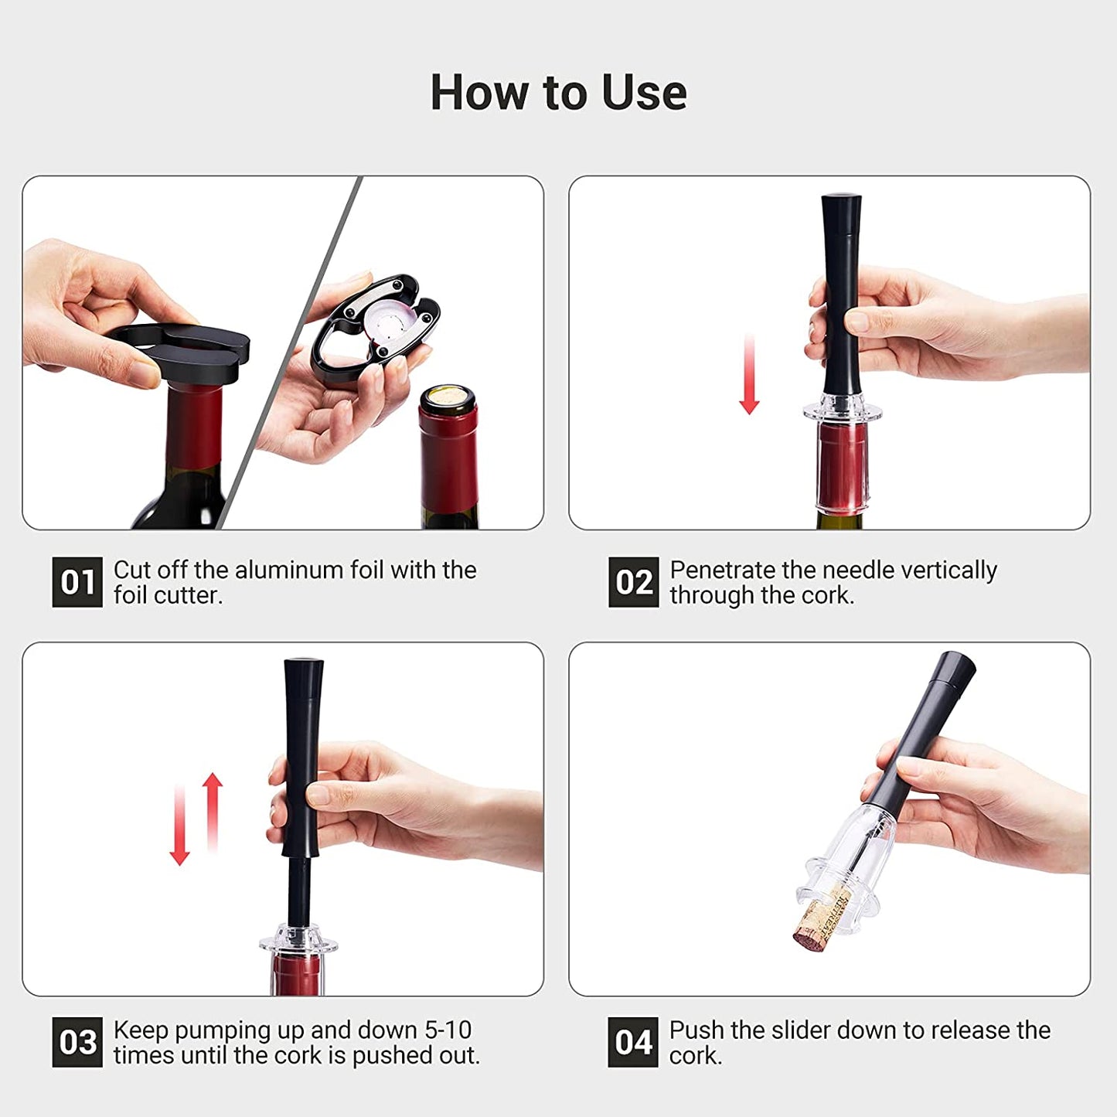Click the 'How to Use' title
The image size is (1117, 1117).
559,93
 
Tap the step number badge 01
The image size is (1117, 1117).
77,582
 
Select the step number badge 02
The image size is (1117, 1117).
634,582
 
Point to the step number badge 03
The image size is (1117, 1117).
77,1042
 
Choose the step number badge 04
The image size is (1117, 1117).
633,1042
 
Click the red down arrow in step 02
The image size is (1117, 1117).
750,374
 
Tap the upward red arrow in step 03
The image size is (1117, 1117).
213,812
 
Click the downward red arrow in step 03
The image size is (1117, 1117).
179,826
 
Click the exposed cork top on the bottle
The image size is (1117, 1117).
448,397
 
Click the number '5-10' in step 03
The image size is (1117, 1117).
448,1030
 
